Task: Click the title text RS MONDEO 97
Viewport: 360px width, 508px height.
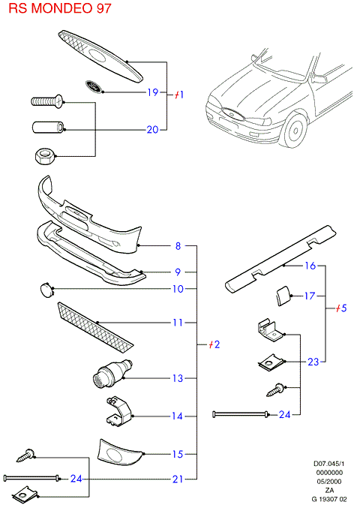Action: tap(60, 8)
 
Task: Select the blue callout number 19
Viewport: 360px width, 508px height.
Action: tap(153, 92)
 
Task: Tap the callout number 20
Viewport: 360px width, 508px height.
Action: tap(152, 130)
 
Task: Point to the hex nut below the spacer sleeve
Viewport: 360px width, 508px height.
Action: tap(45, 155)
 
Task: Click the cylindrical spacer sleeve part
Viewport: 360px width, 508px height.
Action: tap(48, 127)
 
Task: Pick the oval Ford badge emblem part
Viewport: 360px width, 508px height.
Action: tap(94, 86)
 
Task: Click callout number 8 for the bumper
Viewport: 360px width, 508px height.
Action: tap(178, 246)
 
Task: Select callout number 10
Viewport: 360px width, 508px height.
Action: tap(178, 289)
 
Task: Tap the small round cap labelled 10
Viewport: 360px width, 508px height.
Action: tap(46, 290)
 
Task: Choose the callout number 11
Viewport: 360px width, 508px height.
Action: tap(178, 323)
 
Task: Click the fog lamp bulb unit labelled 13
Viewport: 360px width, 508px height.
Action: tap(112, 374)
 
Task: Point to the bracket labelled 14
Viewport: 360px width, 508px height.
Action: tap(118, 410)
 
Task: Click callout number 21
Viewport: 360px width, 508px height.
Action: tap(178, 479)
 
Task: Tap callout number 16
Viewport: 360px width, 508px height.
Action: tap(310, 266)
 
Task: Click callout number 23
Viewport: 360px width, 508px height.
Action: tap(313, 362)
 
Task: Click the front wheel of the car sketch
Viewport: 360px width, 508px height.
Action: tap(295, 130)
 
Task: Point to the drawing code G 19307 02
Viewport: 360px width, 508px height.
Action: tap(329, 499)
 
